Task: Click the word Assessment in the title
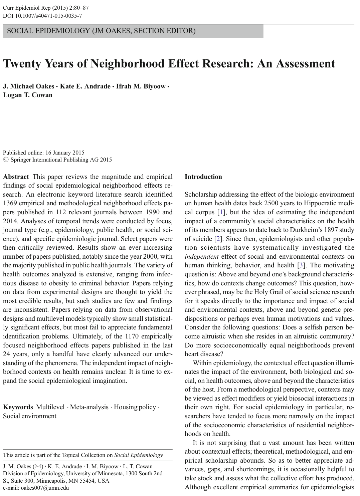coord(303,63)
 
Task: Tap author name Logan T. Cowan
coord(28,95)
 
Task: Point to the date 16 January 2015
coord(65,153)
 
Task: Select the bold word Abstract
coord(16,177)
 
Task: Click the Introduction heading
coord(203,177)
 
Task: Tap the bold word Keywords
coord(18,407)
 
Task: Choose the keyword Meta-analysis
coord(89,407)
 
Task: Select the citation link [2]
coord(218,239)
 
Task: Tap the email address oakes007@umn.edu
coord(36,488)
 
